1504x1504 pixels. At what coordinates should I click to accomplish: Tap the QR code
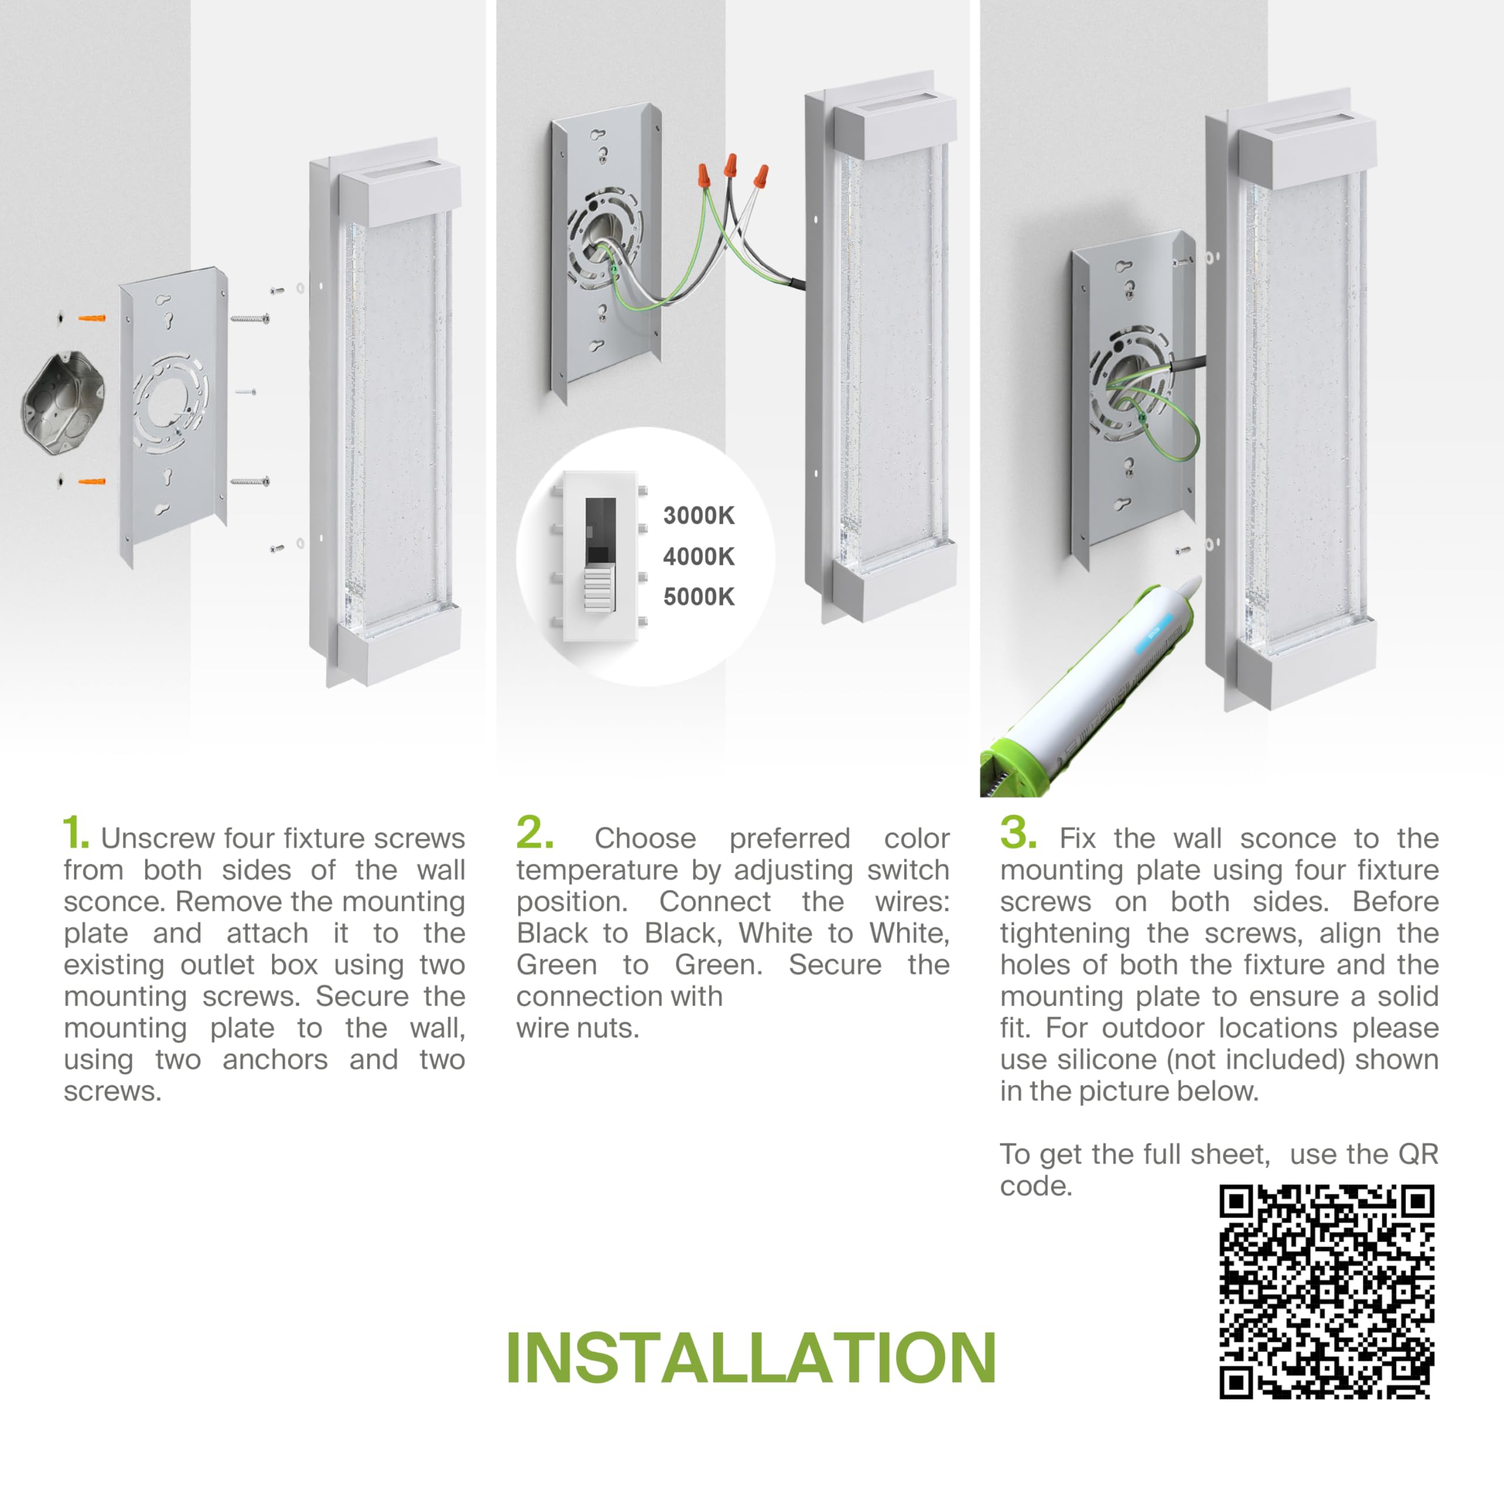point(1327,1292)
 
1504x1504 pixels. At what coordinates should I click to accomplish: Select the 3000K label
point(699,515)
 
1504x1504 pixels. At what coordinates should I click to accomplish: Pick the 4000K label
point(699,556)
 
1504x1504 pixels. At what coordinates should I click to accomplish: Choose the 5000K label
point(699,597)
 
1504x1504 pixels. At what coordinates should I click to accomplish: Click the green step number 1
point(76,833)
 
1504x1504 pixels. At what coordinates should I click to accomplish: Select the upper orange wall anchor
point(92,318)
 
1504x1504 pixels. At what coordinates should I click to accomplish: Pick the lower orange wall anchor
point(92,481)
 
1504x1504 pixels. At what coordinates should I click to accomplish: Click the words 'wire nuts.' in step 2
point(578,1028)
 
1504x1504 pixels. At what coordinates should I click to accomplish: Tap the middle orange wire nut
point(730,166)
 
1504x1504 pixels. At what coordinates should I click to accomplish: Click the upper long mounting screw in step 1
point(250,318)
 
